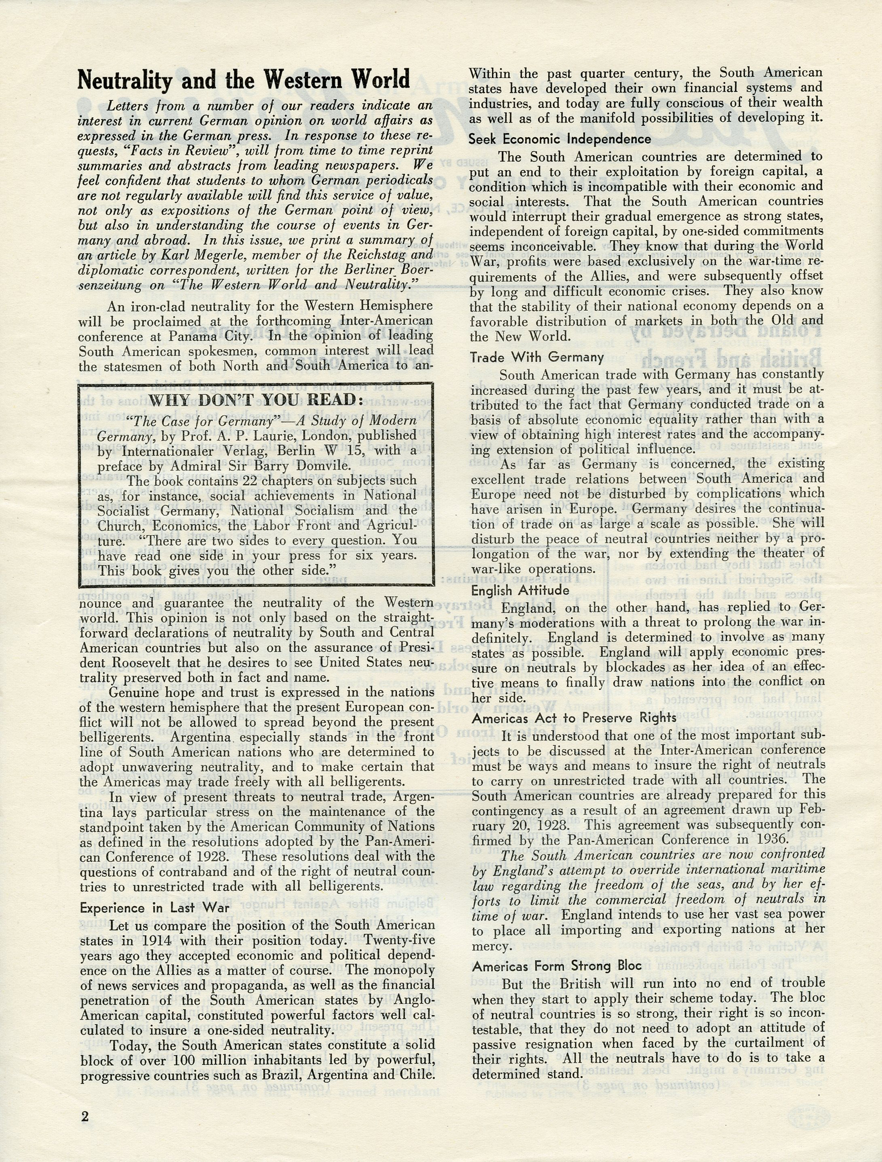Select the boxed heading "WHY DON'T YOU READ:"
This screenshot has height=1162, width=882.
tap(256, 400)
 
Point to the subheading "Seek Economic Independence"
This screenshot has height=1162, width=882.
tap(560, 139)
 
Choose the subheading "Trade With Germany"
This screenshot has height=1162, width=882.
tap(537, 358)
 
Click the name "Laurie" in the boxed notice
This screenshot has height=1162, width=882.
tap(278, 435)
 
